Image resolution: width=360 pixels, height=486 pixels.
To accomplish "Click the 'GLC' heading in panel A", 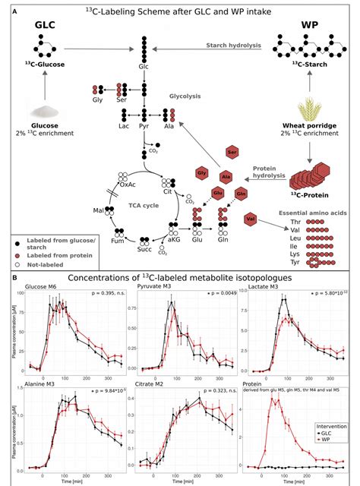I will [x=44, y=27].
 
